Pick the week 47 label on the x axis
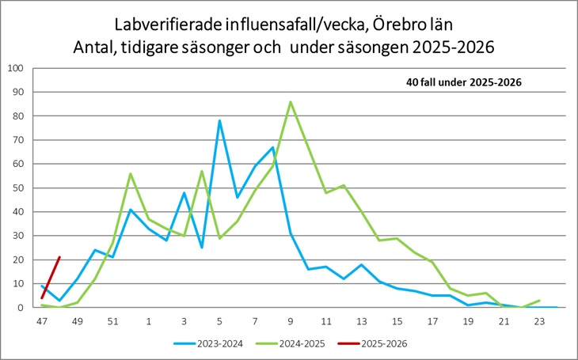coord(42,322)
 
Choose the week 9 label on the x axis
coord(291,322)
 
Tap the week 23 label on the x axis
coord(540,322)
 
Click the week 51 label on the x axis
coord(113,322)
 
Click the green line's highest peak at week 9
coord(291,101)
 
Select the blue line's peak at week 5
coord(219,120)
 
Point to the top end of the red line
coord(59,257)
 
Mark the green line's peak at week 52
coord(131,173)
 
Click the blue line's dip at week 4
coord(202,248)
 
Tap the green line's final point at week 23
coord(540,301)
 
